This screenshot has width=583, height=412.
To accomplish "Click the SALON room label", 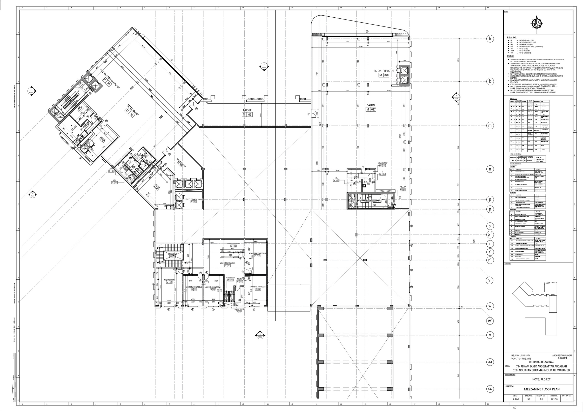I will [x=371, y=105].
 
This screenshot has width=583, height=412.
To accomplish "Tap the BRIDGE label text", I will [x=247, y=110].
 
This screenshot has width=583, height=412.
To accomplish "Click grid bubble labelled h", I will [x=490, y=39].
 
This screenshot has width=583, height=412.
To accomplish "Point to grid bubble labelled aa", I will [x=490, y=362].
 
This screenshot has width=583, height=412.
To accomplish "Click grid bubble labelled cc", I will [x=490, y=389].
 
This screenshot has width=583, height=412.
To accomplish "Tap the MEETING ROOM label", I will [x=169, y=280].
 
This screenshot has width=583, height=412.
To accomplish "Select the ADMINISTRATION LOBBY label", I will [x=227, y=263].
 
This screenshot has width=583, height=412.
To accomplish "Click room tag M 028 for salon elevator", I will [x=384, y=75].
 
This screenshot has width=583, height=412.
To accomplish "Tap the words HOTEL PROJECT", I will [x=541, y=379].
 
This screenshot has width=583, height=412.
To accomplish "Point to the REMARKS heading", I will [x=512, y=38].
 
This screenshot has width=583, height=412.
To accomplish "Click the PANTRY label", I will [x=239, y=279].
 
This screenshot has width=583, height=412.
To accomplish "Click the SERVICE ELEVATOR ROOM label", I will [x=193, y=199].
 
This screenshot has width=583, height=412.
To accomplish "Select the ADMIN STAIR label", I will [x=172, y=254].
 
